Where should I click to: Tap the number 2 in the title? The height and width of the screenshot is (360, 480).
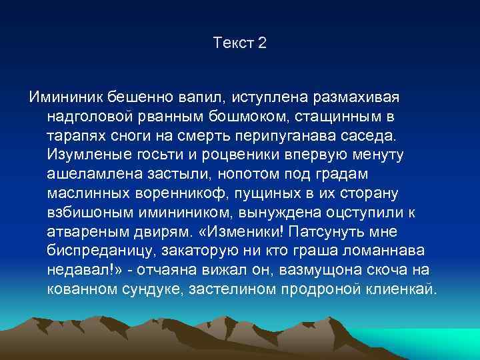(x=261, y=43)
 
